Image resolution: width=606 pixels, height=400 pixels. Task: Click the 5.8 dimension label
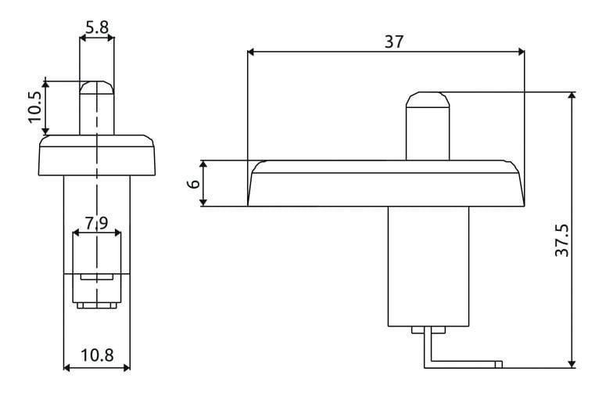[97, 28]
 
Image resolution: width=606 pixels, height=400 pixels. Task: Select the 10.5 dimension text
[35, 107]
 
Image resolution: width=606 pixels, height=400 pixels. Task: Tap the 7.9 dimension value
[96, 223]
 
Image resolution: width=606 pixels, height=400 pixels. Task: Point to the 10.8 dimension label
[97, 355]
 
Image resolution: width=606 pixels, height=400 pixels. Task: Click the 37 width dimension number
[394, 41]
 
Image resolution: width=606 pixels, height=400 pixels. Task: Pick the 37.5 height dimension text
[562, 240]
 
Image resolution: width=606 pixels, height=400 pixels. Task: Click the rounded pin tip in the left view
[97, 88]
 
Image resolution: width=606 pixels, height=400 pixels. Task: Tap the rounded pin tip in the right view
[428, 99]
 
